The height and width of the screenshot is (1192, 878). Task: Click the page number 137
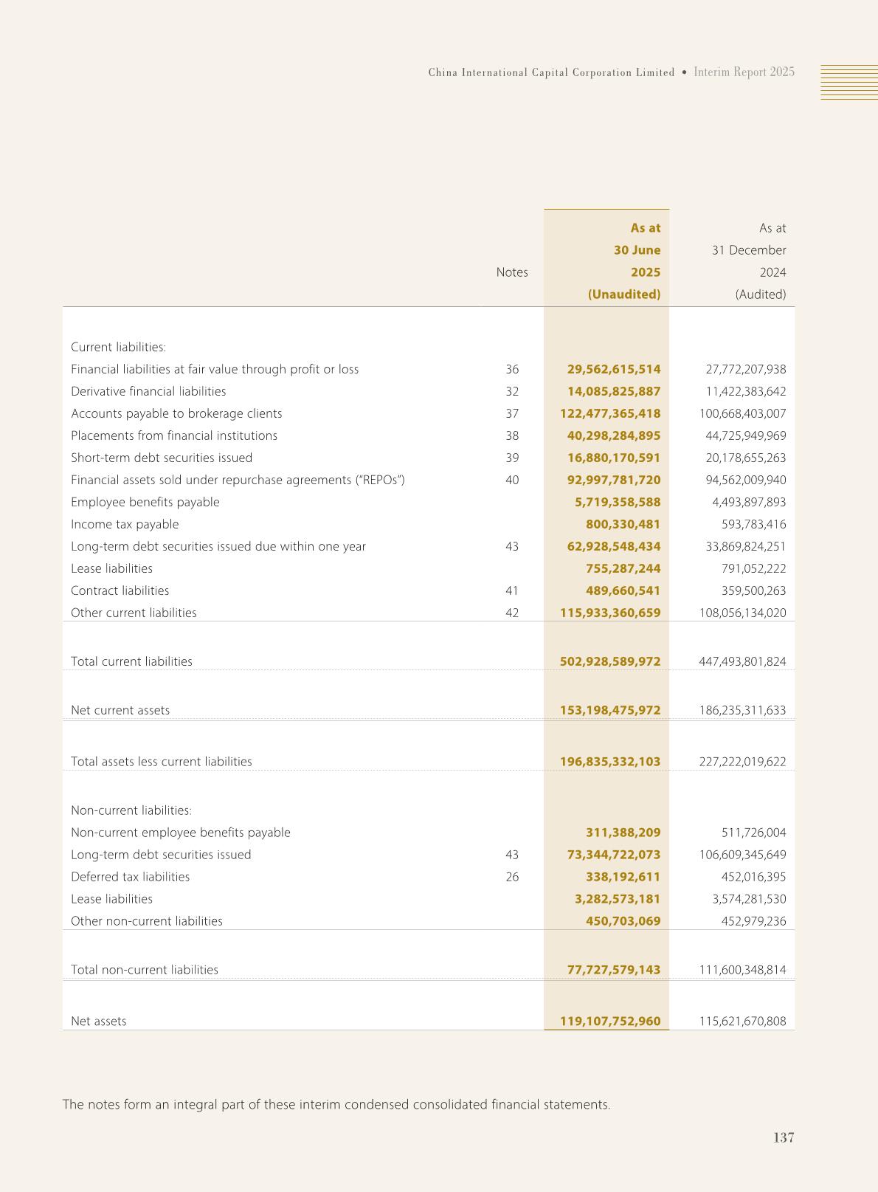tap(784, 1137)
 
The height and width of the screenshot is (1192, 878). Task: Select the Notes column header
tap(512, 272)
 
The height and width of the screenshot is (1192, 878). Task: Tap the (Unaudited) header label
tap(623, 294)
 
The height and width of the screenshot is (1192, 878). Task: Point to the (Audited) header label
tap(760, 294)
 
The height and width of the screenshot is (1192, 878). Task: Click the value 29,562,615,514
tap(614, 369)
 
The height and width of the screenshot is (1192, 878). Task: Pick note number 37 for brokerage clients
tap(512, 413)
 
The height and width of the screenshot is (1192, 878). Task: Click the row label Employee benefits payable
tap(145, 502)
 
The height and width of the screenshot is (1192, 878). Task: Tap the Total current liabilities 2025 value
tap(610, 661)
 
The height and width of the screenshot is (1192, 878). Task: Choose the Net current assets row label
tap(120, 710)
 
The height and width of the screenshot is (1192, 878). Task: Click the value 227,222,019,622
tap(742, 762)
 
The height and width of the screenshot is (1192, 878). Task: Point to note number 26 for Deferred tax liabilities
tap(512, 877)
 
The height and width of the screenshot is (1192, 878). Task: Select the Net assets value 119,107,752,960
tap(610, 1022)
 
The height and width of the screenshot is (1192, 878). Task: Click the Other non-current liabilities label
tap(147, 921)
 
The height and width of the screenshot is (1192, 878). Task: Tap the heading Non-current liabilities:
tap(131, 810)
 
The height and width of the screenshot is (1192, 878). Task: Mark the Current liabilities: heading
tap(119, 347)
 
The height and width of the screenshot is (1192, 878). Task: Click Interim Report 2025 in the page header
tap(744, 72)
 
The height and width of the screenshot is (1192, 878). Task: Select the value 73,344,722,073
tap(614, 855)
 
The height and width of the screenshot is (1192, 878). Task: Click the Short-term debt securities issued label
tap(162, 458)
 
